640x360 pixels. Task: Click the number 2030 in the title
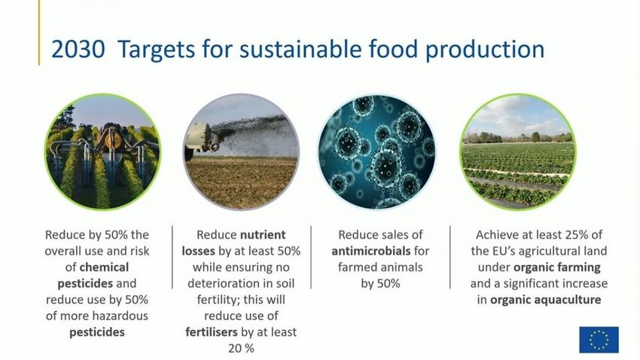tap(78, 50)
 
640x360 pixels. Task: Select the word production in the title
tap(485, 50)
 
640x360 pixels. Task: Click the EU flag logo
tap(599, 340)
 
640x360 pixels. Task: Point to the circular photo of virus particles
tap(376, 152)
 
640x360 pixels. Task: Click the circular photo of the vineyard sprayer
tap(103, 152)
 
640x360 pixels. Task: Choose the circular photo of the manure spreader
tap(241, 152)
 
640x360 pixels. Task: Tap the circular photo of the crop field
tap(518, 152)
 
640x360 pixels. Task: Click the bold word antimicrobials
tap(371, 251)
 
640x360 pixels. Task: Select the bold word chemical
tap(104, 267)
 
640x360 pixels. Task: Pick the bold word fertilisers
tap(212, 332)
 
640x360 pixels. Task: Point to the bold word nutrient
tap(263, 235)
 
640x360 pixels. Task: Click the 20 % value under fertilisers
tap(241, 349)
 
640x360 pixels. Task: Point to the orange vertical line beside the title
tap(39, 32)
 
